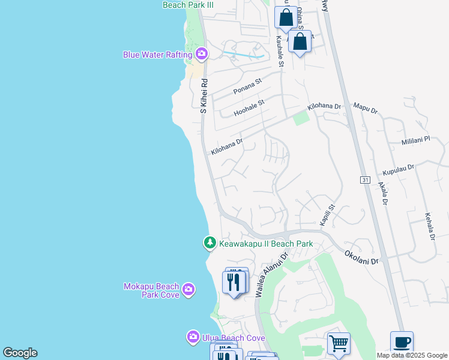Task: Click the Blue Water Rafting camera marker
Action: click(x=201, y=55)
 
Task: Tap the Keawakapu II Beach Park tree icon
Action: click(x=209, y=243)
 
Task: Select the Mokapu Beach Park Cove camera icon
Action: click(x=188, y=290)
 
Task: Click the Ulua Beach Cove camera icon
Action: click(x=193, y=337)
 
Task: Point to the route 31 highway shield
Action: click(x=365, y=179)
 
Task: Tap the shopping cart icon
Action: click(x=339, y=343)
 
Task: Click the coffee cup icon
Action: click(x=402, y=342)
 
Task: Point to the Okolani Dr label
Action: click(x=361, y=258)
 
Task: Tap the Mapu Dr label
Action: click(x=365, y=109)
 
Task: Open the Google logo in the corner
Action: click(x=20, y=353)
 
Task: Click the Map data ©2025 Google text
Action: click(x=412, y=355)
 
